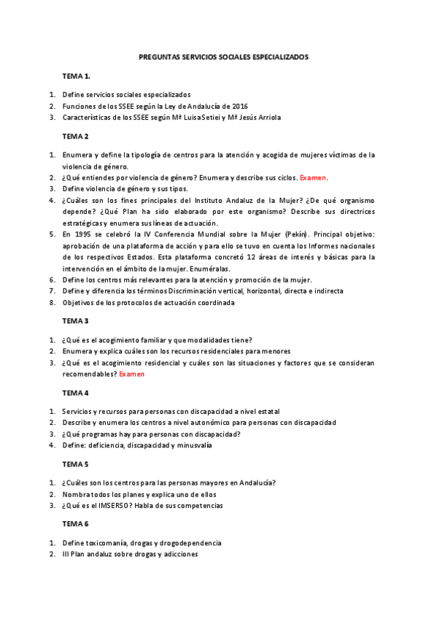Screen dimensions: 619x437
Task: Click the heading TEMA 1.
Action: tap(76, 76)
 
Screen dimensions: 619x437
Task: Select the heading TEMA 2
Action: tap(75, 136)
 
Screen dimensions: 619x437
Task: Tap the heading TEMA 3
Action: tap(75, 320)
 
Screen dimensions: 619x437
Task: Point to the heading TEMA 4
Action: tap(75, 393)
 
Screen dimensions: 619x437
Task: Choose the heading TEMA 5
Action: tap(75, 464)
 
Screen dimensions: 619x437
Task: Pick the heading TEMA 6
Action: tap(75, 524)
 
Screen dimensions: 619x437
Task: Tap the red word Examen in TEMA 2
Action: tap(314, 177)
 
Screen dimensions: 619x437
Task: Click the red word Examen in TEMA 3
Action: tap(132, 374)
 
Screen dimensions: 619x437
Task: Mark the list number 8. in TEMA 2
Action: tap(53, 302)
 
